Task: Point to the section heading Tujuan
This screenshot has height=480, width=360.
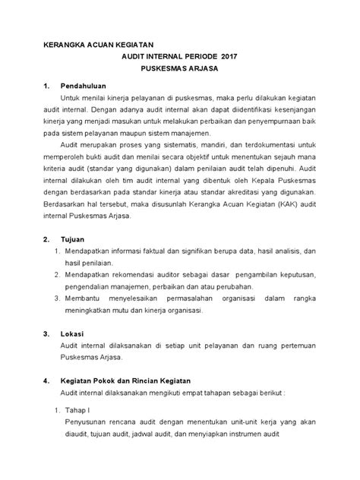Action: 73,238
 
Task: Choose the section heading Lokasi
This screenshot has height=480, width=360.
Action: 73,333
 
